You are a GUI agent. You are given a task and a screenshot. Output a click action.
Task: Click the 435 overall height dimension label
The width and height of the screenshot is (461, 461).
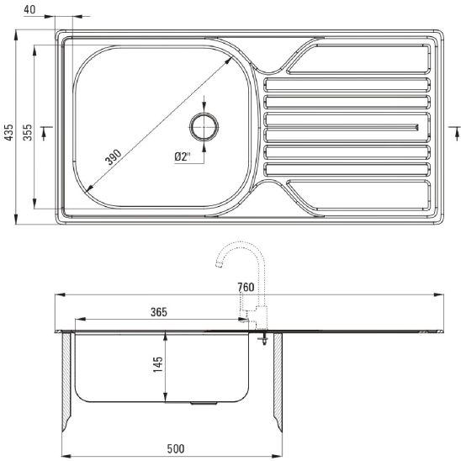pos(10,132)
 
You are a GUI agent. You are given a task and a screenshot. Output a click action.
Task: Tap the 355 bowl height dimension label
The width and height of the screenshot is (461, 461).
pos(28,132)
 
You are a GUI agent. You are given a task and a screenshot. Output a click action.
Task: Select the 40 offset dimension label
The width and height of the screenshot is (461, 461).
pos(29,10)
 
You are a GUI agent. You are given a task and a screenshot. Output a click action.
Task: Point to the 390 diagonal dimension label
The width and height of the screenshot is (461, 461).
pos(114,157)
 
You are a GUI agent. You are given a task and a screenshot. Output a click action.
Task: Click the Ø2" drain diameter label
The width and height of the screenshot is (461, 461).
pos(183,156)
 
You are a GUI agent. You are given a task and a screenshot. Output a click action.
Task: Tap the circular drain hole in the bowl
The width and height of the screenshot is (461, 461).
pos(204,127)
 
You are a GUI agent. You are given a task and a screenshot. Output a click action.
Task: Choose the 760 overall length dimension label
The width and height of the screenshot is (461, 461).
pos(246,287)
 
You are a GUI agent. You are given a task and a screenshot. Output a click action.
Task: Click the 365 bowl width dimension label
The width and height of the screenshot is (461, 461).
pos(159,312)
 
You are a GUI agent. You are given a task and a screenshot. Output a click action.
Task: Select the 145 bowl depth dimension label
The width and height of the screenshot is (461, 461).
pos(158,364)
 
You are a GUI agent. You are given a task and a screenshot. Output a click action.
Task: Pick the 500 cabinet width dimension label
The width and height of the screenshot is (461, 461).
pos(176,448)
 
